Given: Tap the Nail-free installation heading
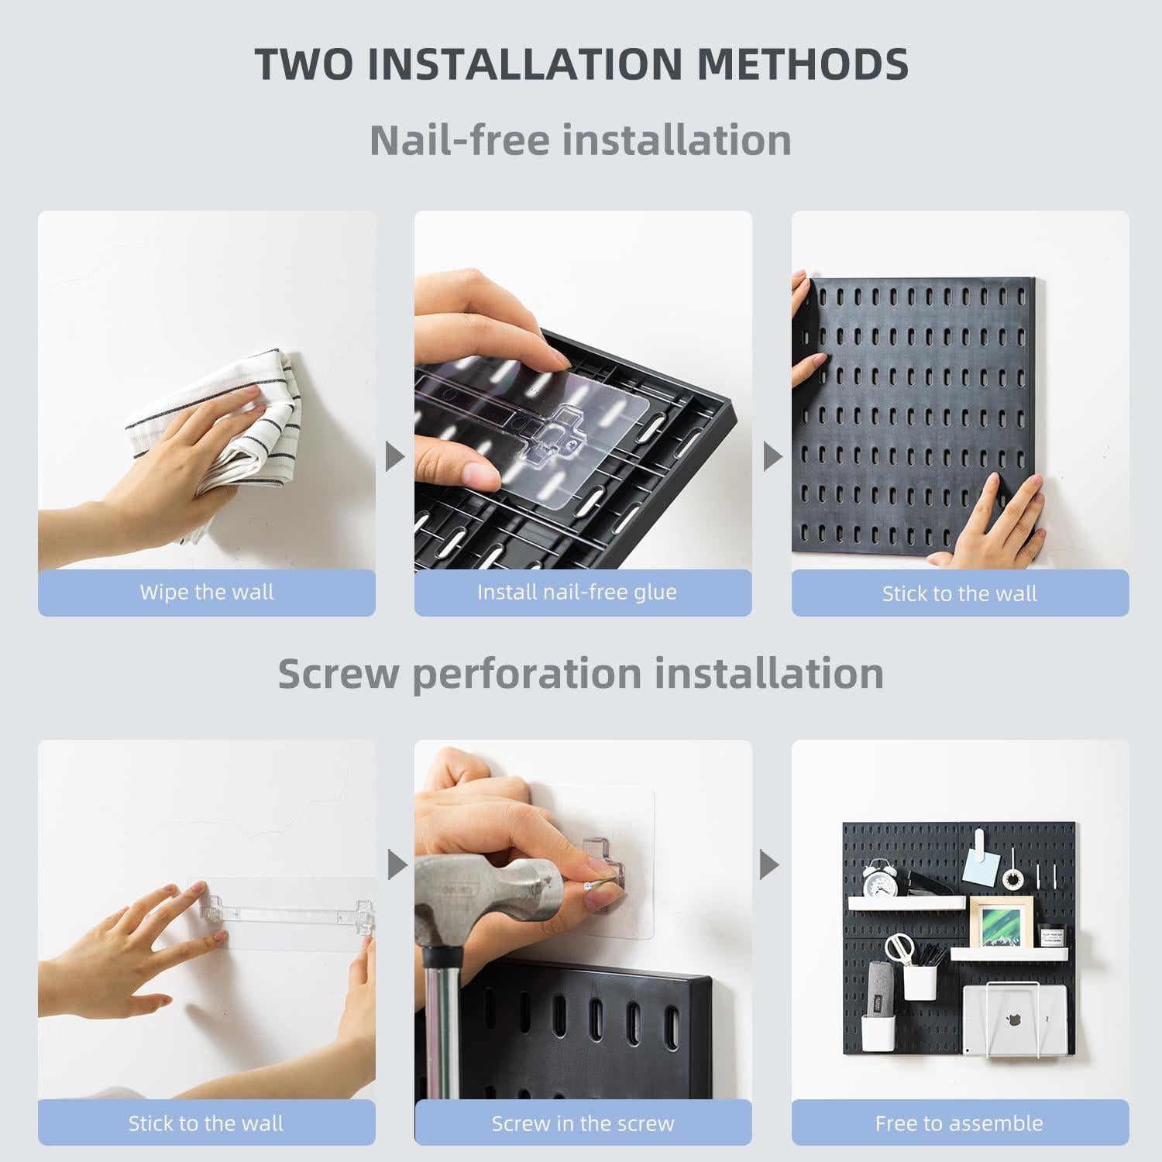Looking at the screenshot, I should tap(580, 140).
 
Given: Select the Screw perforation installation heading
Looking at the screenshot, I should tap(580, 673).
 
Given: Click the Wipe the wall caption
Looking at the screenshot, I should tap(207, 593).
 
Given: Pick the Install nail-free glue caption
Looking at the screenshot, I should tap(577, 593).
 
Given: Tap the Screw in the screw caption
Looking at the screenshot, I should tap(583, 1123).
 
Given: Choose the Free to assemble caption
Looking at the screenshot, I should tap(959, 1123).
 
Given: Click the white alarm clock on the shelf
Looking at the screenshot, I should tap(881, 878).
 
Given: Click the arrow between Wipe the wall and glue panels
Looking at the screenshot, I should tap(395, 457).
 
